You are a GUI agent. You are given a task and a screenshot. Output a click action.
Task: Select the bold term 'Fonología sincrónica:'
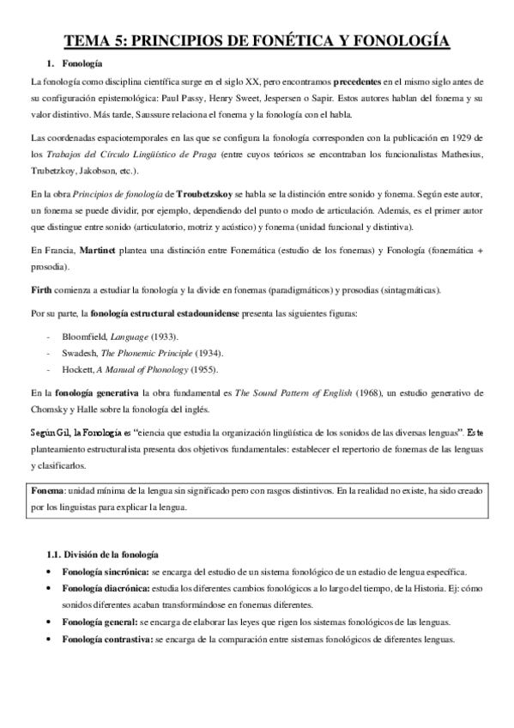tap(104, 571)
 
